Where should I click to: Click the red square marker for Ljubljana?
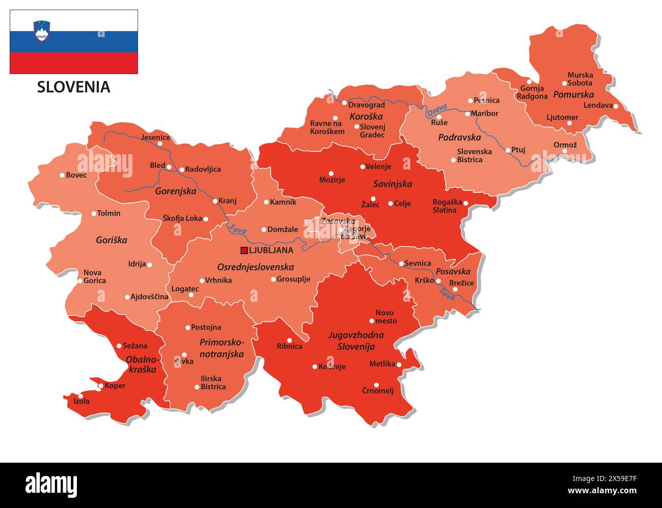[x=244, y=250]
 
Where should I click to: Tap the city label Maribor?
[x=484, y=114]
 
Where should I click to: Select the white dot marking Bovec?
[x=62, y=175]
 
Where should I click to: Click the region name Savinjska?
[x=392, y=184]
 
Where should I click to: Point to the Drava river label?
[x=436, y=109]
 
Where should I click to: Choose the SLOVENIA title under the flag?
[x=73, y=87]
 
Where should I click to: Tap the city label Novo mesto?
[x=385, y=317]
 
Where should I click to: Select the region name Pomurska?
[x=573, y=94]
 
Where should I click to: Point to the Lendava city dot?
[x=616, y=106]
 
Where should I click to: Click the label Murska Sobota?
[x=580, y=79]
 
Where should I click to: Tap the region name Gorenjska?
[x=176, y=191]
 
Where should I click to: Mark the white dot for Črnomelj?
[x=376, y=385]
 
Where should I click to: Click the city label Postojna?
[x=206, y=327]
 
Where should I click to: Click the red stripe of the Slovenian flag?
[x=73, y=63]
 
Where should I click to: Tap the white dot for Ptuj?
[x=508, y=150]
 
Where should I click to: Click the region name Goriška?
[x=112, y=240]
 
